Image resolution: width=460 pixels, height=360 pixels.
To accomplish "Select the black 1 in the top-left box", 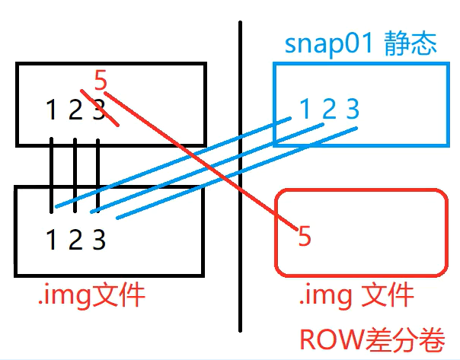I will (x=51, y=111).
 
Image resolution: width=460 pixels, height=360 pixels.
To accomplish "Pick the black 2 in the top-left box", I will (x=75, y=111).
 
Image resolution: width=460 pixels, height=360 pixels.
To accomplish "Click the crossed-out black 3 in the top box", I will (x=97, y=111).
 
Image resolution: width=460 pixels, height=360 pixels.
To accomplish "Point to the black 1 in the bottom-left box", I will (x=51, y=241).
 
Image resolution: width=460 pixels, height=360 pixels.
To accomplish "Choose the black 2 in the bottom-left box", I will (x=75, y=241).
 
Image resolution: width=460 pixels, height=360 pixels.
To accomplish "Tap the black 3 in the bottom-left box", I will (x=98, y=241).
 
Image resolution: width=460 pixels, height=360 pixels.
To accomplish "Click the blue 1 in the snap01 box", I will (x=305, y=110).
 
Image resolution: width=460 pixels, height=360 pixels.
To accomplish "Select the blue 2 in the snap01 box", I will (x=328, y=110).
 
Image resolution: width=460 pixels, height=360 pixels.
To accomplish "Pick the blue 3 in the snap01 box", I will (x=352, y=110).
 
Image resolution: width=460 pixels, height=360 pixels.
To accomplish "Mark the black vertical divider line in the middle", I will (x=241, y=190).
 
